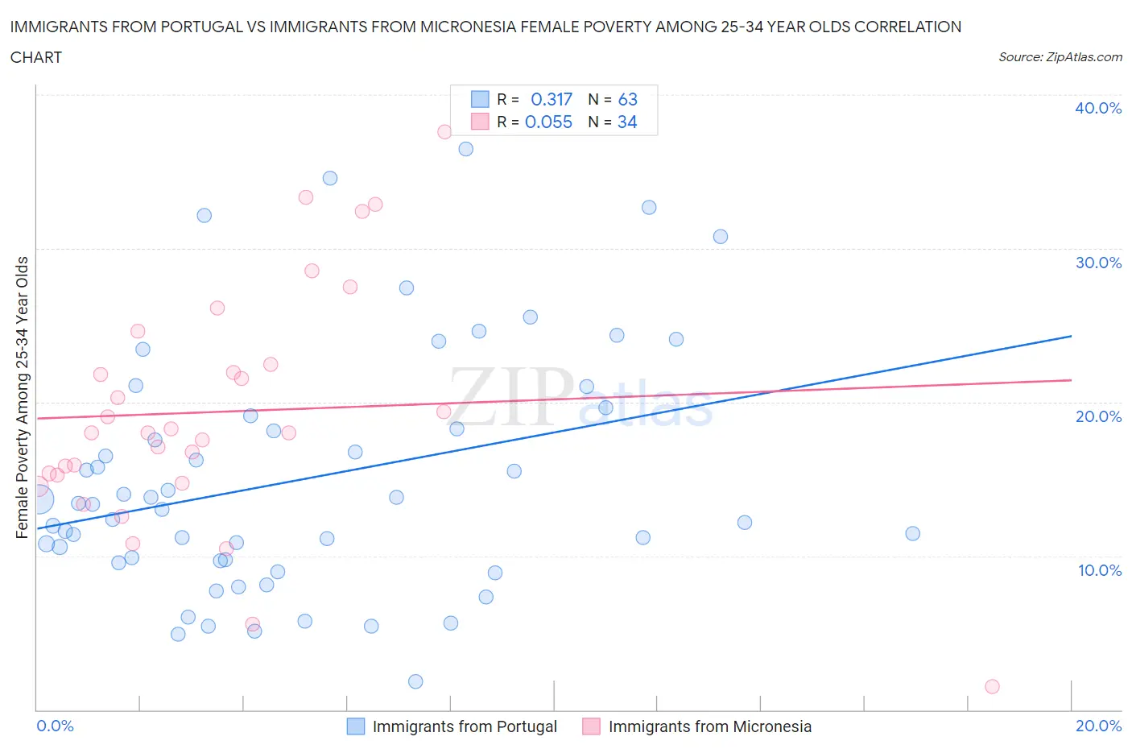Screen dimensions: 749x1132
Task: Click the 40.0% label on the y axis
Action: (1098, 108)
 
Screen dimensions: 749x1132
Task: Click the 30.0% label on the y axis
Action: (1098, 263)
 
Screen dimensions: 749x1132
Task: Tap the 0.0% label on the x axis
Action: (55, 726)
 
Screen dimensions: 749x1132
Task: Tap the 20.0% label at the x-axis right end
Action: (1098, 726)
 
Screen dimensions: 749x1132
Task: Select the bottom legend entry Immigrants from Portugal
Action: (464, 726)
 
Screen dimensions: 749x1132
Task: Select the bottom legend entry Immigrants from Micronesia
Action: (709, 726)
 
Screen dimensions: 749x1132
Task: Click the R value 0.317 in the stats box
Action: (552, 99)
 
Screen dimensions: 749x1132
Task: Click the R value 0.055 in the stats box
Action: (548, 122)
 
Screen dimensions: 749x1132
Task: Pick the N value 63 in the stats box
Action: (628, 99)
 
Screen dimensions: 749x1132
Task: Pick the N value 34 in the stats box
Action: (627, 122)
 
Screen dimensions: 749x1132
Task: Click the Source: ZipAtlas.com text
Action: (1060, 56)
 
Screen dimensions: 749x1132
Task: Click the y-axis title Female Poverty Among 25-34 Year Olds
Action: (22, 397)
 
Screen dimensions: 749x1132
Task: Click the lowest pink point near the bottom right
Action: (992, 686)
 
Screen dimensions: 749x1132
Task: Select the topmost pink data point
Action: (444, 131)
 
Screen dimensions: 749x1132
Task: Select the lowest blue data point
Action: (415, 681)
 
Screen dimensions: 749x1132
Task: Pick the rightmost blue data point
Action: (912, 533)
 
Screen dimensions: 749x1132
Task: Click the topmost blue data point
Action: (465, 149)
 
